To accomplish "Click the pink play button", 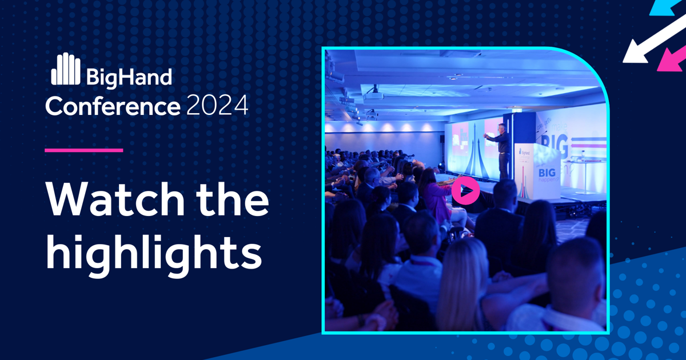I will click(465, 191).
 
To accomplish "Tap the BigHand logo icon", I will click(65, 69).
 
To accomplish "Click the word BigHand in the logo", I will click(129, 77).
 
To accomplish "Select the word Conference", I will click(112, 106).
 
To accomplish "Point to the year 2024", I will click(217, 106).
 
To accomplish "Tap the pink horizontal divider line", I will click(84, 150).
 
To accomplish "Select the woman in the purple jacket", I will click(434, 197).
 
